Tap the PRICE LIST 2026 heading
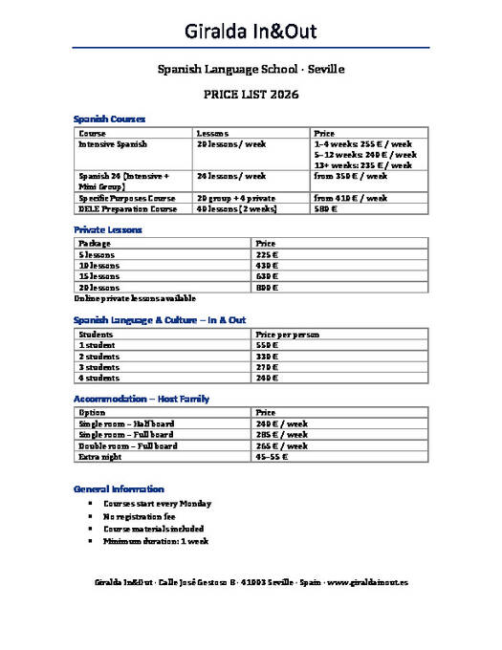pos(251,95)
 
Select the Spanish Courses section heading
pos(109,119)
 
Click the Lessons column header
pos(211,133)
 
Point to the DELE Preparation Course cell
pos(127,209)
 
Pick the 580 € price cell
pos(325,209)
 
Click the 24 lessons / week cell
pos(230,177)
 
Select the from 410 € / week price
pos(350,198)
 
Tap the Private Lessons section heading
pos(107,230)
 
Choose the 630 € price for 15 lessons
pos(267,276)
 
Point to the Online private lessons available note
pos(134,298)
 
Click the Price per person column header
pos(287,335)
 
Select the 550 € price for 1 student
pos(267,345)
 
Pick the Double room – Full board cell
pos(127,445)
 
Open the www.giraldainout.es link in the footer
pos(369,581)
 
